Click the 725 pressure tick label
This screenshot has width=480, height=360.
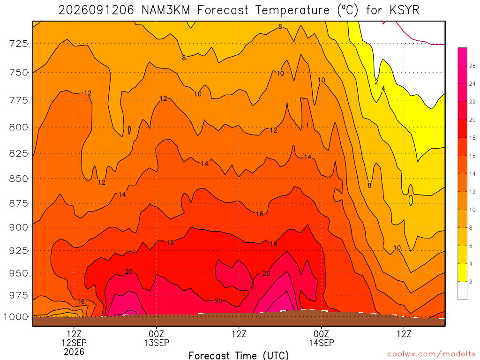click(18, 44)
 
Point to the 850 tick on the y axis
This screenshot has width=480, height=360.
click(18, 179)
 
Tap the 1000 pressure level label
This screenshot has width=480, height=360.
click(16, 317)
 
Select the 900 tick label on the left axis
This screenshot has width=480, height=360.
click(18, 227)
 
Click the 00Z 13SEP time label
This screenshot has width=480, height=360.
click(157, 338)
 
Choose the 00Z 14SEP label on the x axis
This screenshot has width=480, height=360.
click(322, 338)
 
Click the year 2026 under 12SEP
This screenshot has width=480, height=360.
click(74, 352)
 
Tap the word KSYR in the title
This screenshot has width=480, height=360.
click(405, 10)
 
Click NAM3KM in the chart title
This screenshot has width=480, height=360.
click(165, 10)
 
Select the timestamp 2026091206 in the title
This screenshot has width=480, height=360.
click(96, 10)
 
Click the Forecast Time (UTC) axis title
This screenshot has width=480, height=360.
click(239, 355)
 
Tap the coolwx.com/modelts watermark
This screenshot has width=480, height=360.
click(431, 354)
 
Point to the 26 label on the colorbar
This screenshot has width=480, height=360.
click(472, 66)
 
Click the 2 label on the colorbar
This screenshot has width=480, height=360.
click(471, 282)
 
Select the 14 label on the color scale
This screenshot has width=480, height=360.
click(472, 173)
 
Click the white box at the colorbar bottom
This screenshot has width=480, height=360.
click(463, 291)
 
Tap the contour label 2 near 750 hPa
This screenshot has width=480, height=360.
click(376, 82)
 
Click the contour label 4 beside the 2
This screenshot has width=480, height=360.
click(383, 89)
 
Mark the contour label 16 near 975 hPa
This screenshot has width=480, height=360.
click(81, 301)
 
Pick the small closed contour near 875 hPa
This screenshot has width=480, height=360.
click(411, 200)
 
